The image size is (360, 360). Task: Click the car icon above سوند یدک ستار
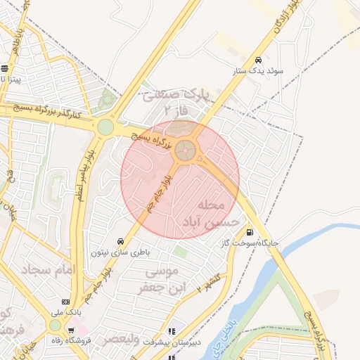(x=259, y=60)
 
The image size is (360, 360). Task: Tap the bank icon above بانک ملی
(x=65, y=300)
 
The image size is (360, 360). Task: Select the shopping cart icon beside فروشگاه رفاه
(x=71, y=330)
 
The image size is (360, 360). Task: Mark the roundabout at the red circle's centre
(x=186, y=149)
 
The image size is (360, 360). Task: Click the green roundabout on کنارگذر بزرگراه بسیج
(x=105, y=127)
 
